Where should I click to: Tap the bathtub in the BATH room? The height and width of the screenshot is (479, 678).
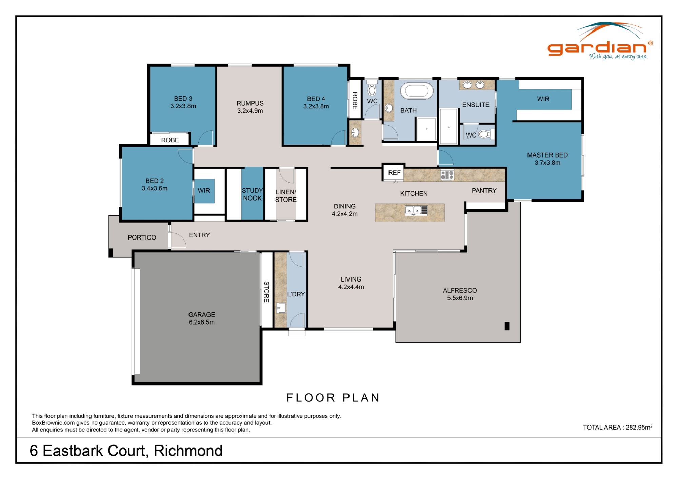point(417,91)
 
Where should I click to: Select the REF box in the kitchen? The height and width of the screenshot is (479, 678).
point(394,173)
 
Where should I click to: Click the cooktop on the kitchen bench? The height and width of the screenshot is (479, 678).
point(447,175)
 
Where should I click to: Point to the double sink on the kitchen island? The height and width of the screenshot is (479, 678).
point(413,210)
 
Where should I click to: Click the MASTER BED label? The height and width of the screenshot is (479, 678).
point(547,155)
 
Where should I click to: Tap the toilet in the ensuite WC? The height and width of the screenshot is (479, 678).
point(484,134)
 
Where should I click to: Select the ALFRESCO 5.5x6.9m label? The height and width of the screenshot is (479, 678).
point(460,294)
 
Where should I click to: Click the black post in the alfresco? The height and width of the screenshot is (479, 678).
point(507,326)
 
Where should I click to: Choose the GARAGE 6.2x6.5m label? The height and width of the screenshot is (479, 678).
point(201,318)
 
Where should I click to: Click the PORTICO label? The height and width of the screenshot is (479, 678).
point(142,237)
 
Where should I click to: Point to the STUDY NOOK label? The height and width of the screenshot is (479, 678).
point(252,194)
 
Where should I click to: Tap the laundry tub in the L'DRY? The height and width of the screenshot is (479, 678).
point(281,308)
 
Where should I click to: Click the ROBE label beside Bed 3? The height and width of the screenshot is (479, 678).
point(170,140)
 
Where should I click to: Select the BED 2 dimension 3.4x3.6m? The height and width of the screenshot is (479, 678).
point(155,188)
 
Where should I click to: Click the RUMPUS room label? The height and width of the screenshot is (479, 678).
point(250,103)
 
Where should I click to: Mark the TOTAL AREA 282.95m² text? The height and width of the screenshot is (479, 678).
point(617,427)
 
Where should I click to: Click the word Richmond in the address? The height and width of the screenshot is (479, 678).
point(188,451)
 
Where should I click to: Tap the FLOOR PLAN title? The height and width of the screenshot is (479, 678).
point(333,397)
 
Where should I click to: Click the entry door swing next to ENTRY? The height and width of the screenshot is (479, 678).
point(178,240)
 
